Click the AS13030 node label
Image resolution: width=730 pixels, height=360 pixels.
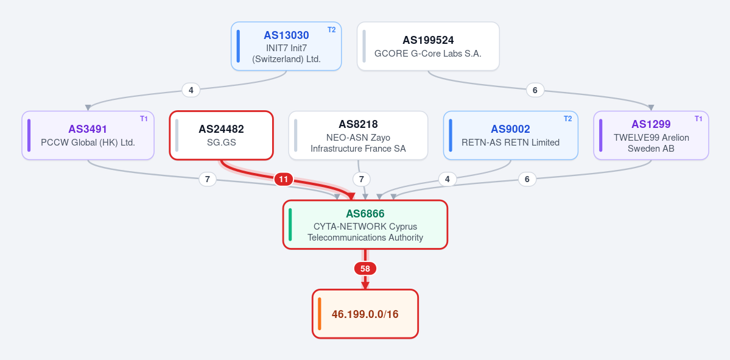point(286,35)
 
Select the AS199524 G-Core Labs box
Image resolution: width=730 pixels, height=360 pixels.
point(428,46)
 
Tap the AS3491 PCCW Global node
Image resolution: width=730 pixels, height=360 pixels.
point(88,135)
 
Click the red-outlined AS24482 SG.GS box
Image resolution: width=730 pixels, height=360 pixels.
point(221,135)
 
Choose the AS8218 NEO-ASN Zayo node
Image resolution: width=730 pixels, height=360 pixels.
point(358,135)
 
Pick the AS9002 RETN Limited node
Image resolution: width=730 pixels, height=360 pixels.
point(510,135)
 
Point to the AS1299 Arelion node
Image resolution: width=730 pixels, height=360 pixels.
point(651,135)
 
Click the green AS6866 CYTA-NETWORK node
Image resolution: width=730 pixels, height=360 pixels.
point(365,225)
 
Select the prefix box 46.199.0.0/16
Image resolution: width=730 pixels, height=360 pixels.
point(365,314)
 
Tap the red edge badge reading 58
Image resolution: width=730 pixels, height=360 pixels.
point(365,269)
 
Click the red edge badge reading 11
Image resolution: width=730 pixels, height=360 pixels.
point(284,179)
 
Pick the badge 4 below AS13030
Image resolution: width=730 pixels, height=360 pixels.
point(191,90)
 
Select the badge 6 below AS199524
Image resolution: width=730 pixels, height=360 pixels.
point(535,90)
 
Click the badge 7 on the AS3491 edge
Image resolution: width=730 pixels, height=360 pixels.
point(208,179)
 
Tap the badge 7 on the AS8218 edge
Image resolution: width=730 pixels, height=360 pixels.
point(361,179)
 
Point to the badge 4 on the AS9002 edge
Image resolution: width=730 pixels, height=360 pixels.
point(447,179)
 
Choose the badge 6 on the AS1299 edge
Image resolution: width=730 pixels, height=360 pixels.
point(527,179)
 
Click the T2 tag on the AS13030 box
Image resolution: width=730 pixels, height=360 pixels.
point(331,30)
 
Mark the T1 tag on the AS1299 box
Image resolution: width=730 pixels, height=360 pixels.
point(698,119)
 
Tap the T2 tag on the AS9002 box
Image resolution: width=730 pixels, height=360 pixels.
point(567,119)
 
